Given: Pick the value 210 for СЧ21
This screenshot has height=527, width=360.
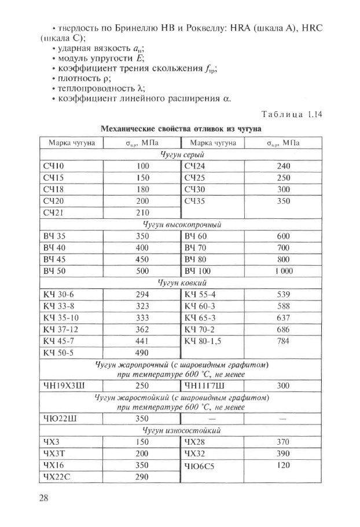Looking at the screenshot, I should coord(142,213).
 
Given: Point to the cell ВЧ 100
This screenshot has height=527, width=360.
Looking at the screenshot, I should coord(199,271).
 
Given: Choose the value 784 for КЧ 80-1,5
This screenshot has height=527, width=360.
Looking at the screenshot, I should coord(284,341).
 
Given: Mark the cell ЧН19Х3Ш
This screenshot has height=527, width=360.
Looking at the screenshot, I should coord(65,385).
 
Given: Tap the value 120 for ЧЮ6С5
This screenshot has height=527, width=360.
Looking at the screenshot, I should coord(284,465).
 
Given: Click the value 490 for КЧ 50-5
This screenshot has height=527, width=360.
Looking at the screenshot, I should coord(142,352).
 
